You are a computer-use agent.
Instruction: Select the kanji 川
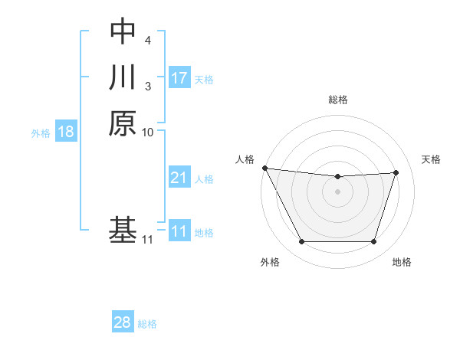click(x=123, y=77)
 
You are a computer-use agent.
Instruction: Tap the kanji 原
click(x=123, y=123)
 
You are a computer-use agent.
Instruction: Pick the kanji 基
click(x=123, y=231)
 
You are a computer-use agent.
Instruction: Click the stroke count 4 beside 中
click(x=147, y=39)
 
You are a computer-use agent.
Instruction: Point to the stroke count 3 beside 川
click(x=147, y=86)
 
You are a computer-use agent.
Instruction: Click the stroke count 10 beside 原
click(x=148, y=132)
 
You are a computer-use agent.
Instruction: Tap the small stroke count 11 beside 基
click(x=148, y=240)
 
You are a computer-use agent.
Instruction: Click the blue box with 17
click(x=179, y=77)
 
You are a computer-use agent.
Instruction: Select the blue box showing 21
click(x=179, y=178)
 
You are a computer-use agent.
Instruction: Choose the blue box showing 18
click(x=66, y=132)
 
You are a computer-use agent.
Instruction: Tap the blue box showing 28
click(x=123, y=322)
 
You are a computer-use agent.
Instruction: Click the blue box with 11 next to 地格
click(x=179, y=231)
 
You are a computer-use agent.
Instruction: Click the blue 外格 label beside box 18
click(x=41, y=133)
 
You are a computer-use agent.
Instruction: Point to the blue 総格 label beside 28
click(x=147, y=323)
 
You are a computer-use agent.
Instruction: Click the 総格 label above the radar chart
click(x=338, y=100)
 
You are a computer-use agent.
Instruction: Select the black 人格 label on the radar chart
click(x=245, y=159)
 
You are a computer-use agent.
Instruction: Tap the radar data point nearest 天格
click(x=396, y=172)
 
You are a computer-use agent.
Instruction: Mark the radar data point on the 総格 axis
click(x=338, y=177)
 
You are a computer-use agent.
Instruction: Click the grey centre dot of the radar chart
click(x=338, y=192)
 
